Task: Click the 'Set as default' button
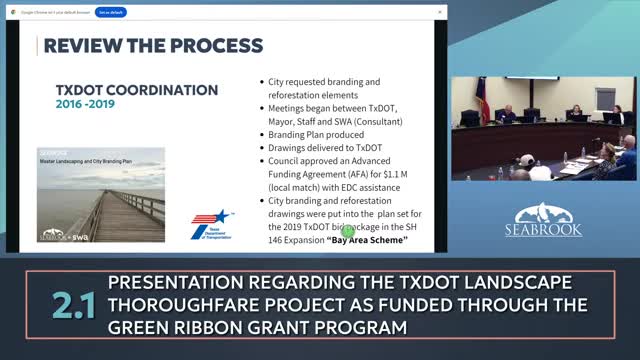pos(111,12)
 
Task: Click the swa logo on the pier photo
pos(81,236)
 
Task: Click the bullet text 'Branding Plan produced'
pos(316,134)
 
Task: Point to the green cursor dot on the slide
pos(349,230)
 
